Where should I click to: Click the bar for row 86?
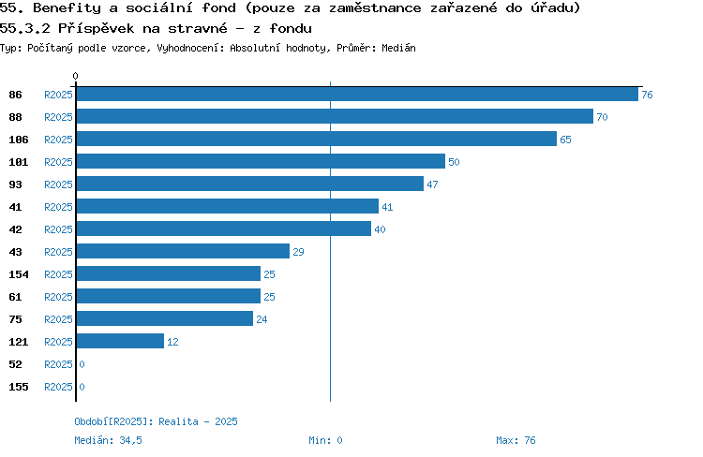[357, 94]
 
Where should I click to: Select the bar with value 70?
[335, 116]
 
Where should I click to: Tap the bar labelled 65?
[317, 139]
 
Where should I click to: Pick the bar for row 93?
[250, 184]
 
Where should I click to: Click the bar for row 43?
[183, 251]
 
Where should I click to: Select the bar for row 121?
[120, 341]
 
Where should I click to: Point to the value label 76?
[647, 95]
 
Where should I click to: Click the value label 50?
[454, 162]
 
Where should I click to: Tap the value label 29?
[298, 252]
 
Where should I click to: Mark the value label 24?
[262, 319]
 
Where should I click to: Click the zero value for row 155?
[82, 387]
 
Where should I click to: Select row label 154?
[19, 274]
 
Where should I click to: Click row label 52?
[15, 364]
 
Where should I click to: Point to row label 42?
[15, 229]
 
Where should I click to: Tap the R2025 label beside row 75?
[58, 319]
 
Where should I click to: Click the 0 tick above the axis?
[75, 76]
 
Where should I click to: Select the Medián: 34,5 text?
[108, 440]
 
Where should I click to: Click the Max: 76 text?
[516, 440]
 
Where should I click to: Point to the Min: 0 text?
[325, 440]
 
